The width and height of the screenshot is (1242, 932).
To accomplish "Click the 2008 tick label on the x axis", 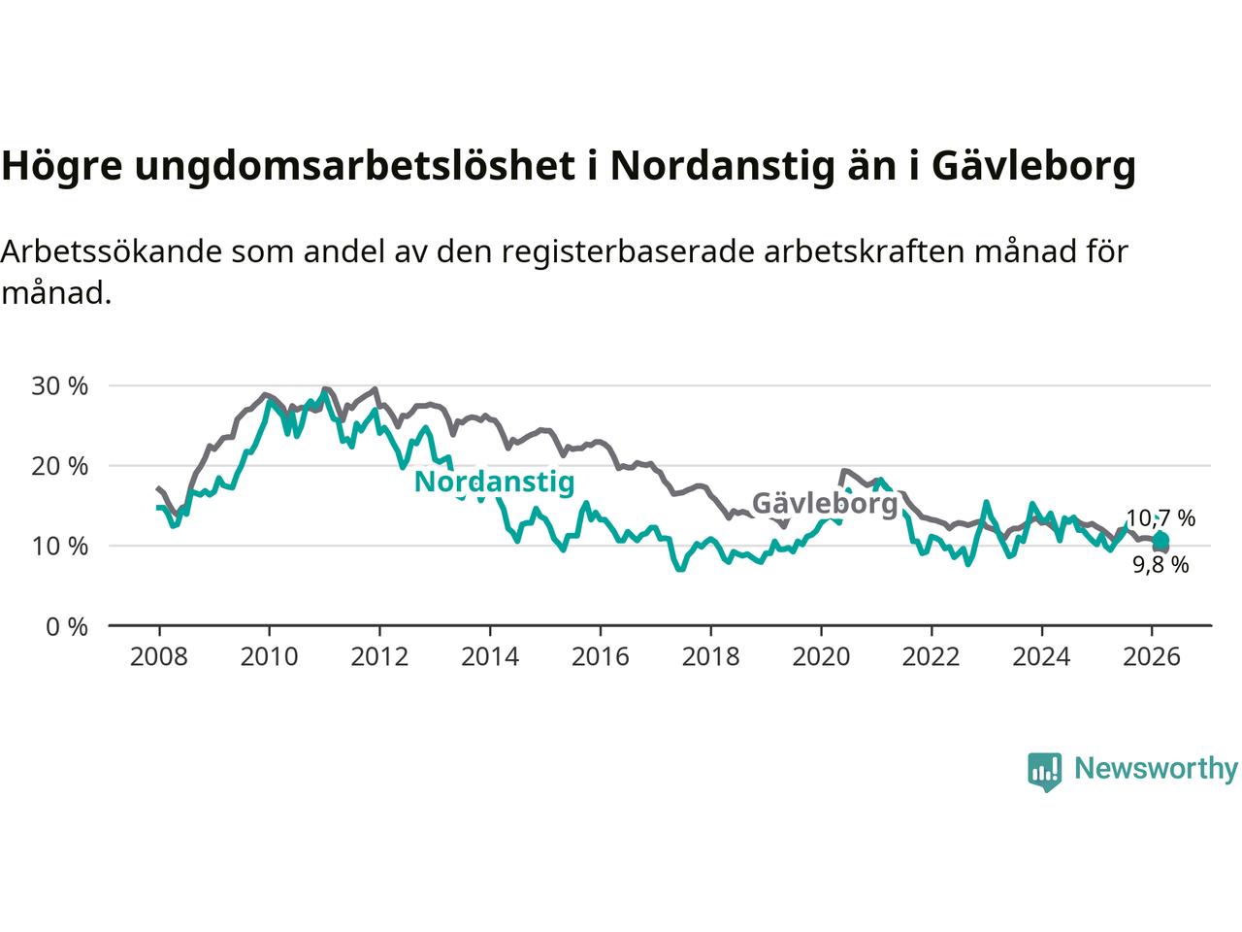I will (x=158, y=657).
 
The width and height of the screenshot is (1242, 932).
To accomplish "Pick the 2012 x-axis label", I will (x=379, y=657).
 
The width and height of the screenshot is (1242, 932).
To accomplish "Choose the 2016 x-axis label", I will (x=600, y=657).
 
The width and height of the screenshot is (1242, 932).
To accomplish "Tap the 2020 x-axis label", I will (x=821, y=657).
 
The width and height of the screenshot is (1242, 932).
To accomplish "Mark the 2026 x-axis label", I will (x=1152, y=657).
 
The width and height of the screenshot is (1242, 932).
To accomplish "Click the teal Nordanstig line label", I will (x=494, y=482).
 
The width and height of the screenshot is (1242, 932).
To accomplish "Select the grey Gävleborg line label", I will (x=825, y=504).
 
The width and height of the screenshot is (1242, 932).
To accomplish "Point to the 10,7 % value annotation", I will (x=1160, y=518).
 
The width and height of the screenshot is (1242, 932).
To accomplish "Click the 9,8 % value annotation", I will (x=1160, y=565).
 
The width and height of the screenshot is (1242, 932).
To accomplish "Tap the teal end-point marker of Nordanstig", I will (x=1160, y=540).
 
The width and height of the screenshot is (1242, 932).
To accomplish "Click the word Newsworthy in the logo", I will (x=1156, y=769).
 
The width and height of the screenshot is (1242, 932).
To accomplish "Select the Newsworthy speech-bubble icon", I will (x=1044, y=772).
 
